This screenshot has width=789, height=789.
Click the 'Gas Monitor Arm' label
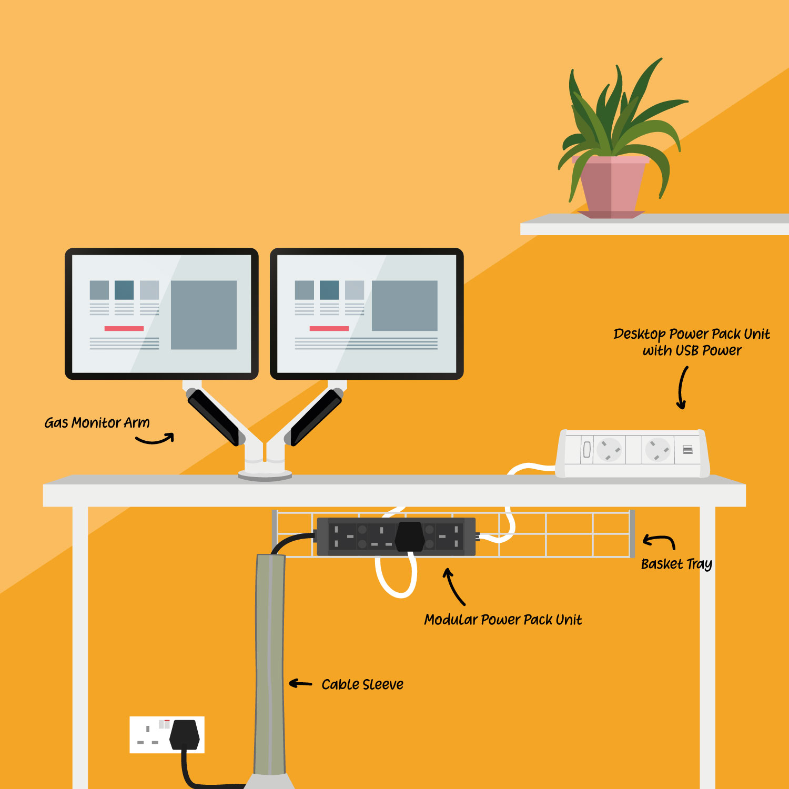coord(97,423)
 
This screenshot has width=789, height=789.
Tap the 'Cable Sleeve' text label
coord(362,684)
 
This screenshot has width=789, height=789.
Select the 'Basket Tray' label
coord(676,564)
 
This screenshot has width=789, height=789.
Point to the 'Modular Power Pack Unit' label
coord(503,620)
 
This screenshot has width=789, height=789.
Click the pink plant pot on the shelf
coord(612,186)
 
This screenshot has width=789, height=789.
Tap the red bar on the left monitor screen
coord(124,328)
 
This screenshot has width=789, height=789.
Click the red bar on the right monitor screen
coord(329,328)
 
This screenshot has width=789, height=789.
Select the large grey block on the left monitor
coord(204,315)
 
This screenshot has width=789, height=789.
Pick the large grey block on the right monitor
coord(404,306)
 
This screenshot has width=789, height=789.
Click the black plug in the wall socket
coord(185,734)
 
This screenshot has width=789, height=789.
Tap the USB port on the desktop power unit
coord(687,449)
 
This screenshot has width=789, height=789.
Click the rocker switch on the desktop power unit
coord(587,450)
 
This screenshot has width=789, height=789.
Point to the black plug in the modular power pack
coord(410,536)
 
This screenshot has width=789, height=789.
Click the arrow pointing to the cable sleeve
coord(301,683)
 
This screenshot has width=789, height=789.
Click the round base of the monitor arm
coord(265,475)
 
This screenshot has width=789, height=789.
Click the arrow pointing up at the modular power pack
coord(454,586)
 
